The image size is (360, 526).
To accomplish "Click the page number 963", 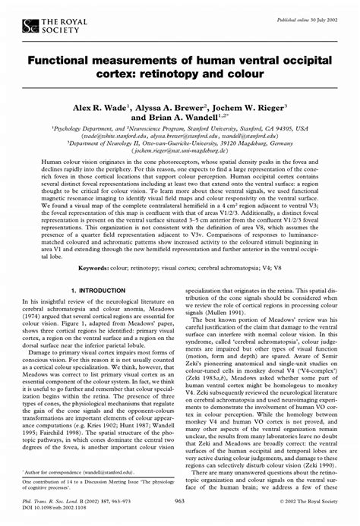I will click(x=180, y=501).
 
